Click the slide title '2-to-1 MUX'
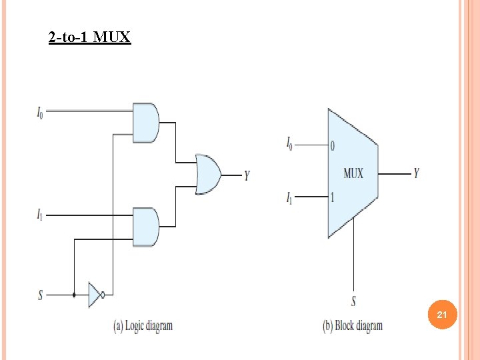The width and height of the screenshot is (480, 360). click(x=90, y=37)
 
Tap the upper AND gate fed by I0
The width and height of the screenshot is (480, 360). click(x=145, y=123)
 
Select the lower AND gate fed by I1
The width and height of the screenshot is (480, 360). click(x=145, y=227)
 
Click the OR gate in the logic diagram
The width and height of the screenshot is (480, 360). click(x=208, y=175)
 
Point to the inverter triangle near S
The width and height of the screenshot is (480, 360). click(x=95, y=294)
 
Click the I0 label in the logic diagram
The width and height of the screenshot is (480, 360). click(x=41, y=112)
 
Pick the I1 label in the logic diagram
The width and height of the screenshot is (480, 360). click(x=41, y=215)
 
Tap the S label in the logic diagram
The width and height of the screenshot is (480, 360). click(x=40, y=294)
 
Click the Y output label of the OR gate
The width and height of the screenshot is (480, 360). click(x=247, y=175)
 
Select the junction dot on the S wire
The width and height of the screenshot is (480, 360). click(x=74, y=294)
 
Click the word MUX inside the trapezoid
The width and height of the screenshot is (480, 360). click(x=353, y=173)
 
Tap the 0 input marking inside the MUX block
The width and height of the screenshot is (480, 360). click(x=333, y=145)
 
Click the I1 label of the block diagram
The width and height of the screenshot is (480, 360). click(x=289, y=198)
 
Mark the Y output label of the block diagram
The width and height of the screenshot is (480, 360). click(x=417, y=173)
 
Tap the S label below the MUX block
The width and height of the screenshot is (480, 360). click(x=353, y=301)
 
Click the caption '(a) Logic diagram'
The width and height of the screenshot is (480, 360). click(x=143, y=326)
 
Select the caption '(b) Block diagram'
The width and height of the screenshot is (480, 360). click(x=353, y=326)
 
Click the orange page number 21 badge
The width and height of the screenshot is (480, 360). click(x=441, y=314)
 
